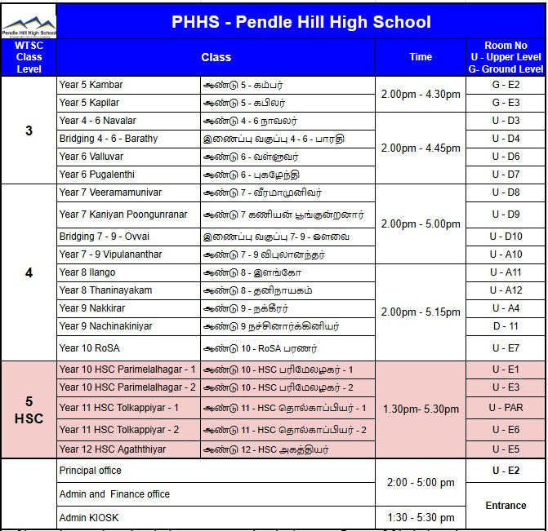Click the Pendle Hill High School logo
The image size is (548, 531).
coord(29,20)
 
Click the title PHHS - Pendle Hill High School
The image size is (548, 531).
coord(301,22)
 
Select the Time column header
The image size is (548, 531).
coord(421,57)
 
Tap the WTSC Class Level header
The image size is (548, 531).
coord(29,57)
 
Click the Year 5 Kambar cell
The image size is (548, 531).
coord(91,85)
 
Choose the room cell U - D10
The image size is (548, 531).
coord(506,237)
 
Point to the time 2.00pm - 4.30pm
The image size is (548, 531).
coord(421,94)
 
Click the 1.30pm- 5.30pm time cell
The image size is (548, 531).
coord(421,408)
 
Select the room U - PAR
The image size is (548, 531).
coord(506,407)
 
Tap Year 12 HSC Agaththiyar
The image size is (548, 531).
coord(113,449)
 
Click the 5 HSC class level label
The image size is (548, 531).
coord(29,409)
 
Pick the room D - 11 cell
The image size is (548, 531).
coord(506,326)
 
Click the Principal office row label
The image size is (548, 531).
coord(90,471)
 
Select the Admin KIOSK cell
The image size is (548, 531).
coord(87,518)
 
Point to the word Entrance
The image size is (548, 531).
coord(506,506)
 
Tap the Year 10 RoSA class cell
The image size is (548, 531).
coord(89,348)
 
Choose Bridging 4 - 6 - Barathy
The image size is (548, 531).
coord(109,139)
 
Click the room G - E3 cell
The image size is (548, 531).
coord(506,103)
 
